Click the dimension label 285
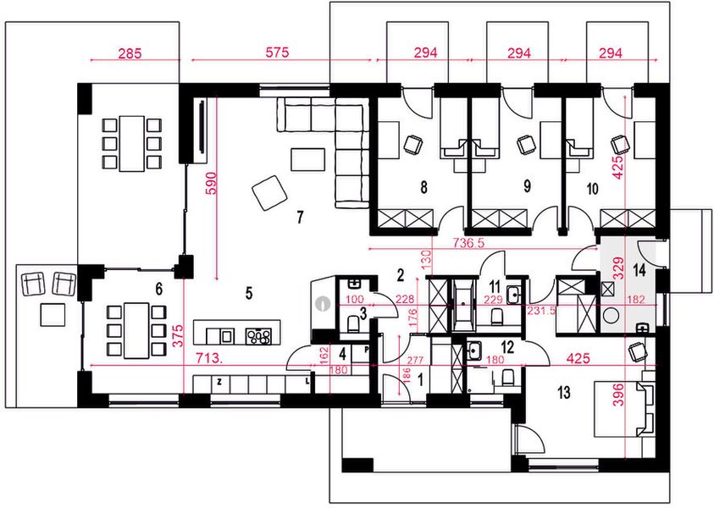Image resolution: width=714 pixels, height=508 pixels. click(130, 53)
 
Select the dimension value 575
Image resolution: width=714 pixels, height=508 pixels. click(277, 52)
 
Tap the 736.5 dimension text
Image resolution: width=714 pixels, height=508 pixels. click(468, 243)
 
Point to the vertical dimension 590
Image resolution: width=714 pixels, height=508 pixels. click(212, 183)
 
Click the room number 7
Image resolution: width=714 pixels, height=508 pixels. click(300, 218)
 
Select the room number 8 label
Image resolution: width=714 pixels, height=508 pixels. click(424, 187)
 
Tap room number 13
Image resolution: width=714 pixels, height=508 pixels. click(564, 392)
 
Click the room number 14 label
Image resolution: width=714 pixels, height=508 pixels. click(639, 270)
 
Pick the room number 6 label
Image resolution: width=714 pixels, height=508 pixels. click(159, 289)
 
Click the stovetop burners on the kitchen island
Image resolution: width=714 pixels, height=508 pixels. click(257, 336)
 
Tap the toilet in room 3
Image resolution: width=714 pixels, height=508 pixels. click(353, 324)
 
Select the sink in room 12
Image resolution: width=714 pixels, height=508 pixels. click(473, 351)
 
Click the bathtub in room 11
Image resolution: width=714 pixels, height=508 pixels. click(463, 305)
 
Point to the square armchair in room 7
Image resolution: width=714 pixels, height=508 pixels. click(270, 193)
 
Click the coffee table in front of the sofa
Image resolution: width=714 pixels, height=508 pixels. click(307, 159)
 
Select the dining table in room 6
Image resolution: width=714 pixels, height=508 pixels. click(136, 330)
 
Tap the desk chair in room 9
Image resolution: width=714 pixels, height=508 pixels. click(527, 145)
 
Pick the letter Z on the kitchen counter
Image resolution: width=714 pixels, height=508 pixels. click(219, 383)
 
